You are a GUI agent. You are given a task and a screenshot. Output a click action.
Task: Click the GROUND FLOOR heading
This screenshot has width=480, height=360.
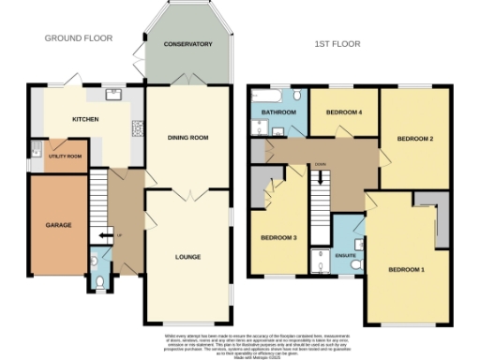pos(79,38)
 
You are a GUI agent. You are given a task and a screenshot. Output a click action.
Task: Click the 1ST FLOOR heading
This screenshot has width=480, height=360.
pos(337,44)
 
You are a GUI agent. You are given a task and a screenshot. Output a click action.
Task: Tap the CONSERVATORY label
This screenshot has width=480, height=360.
pos(187,45)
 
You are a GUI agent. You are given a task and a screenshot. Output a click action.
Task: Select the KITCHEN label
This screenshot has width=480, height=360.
pos(86,120)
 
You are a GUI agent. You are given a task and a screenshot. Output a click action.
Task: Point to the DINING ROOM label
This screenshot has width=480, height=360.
pos(187,138)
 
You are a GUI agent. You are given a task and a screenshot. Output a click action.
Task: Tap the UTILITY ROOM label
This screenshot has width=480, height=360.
pos(66,157)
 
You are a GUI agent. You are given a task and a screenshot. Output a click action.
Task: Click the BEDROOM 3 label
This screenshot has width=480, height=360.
pos(278,238)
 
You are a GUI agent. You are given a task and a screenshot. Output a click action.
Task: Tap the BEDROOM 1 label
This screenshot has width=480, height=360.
pos(408,270)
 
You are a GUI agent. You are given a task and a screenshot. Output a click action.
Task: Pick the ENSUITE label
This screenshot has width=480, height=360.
pos(345,252)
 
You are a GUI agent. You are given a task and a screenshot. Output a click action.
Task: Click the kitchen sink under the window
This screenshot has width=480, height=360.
pos(114,93)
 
